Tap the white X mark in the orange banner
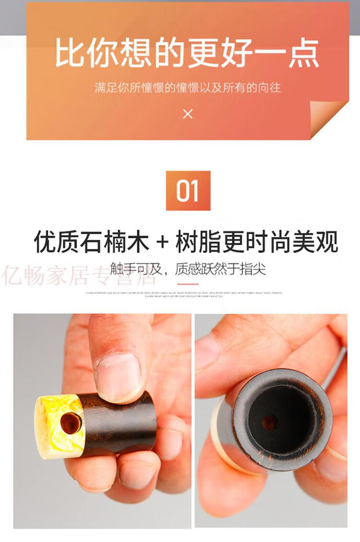pos(188,114)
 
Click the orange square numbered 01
pos(188,190)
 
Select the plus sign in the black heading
pos(163,242)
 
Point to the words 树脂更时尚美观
pos(257,242)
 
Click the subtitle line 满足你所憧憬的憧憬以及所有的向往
pos(187,88)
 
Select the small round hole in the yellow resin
pos(71,423)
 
